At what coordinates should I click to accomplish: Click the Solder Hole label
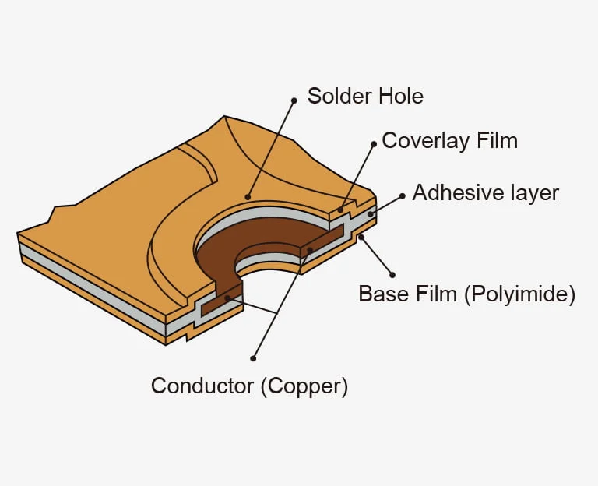coord(365,97)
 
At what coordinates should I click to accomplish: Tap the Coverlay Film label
coord(449,141)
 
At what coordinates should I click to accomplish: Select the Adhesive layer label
coord(485,192)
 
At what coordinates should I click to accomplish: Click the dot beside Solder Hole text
coord(294,100)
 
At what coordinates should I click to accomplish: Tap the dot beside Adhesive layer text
coord(403,195)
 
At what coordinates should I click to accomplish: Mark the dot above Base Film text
coord(392,275)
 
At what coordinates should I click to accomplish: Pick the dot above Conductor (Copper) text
coord(253,359)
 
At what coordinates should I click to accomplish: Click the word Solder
coord(336,97)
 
